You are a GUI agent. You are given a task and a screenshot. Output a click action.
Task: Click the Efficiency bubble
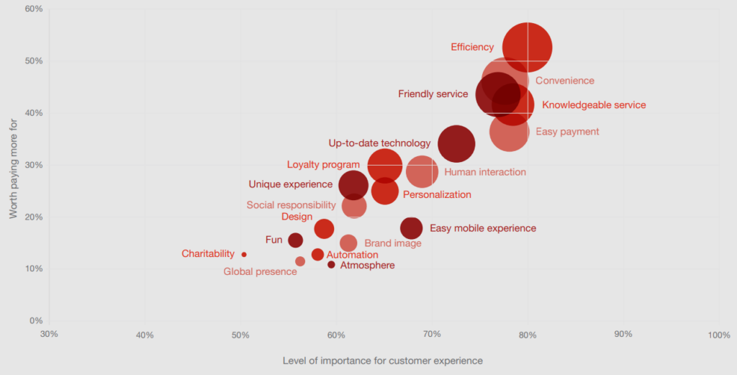click(528, 48)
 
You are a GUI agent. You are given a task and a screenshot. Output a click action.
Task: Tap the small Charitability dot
click(244, 254)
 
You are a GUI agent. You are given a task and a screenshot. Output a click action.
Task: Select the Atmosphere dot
click(331, 265)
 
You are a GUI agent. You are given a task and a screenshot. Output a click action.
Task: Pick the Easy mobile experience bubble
click(411, 228)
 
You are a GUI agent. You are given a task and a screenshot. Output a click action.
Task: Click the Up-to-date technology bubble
click(456, 144)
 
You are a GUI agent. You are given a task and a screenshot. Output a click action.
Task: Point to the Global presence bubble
click(300, 261)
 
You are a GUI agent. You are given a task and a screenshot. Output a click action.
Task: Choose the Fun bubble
click(295, 240)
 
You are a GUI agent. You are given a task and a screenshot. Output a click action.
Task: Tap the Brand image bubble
click(348, 243)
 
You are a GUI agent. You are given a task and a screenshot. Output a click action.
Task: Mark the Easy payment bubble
click(510, 132)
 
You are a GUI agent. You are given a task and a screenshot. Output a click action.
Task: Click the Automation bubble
click(317, 255)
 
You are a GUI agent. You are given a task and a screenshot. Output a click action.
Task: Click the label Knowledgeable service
click(594, 105)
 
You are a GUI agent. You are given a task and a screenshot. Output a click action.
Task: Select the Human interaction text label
click(485, 172)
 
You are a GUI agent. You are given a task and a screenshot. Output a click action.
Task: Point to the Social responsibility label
click(291, 205)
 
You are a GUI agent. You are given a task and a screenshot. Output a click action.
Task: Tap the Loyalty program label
click(323, 165)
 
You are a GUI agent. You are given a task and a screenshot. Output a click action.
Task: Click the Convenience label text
click(565, 81)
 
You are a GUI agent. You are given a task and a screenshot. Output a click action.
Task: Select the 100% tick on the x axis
click(718, 335)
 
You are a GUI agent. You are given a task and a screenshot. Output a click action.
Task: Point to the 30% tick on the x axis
click(49, 335)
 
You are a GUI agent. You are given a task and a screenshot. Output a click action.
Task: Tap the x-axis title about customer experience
click(383, 360)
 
